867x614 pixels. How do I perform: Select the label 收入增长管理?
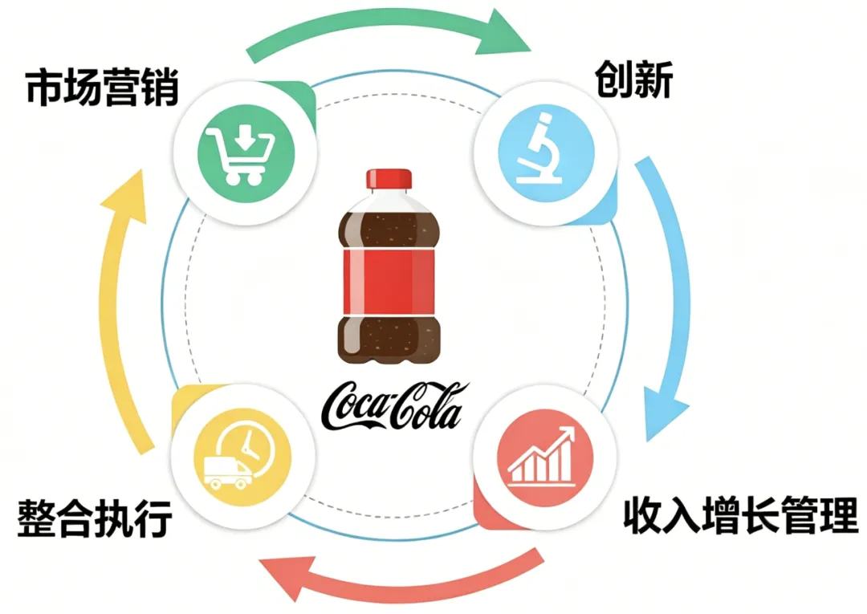pos(741,515)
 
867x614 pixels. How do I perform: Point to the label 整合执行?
pos(95,518)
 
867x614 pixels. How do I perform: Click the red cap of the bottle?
pos(389,179)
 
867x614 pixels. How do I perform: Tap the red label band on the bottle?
pos(389,283)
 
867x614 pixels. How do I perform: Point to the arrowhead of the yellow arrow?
pos(128,193)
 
